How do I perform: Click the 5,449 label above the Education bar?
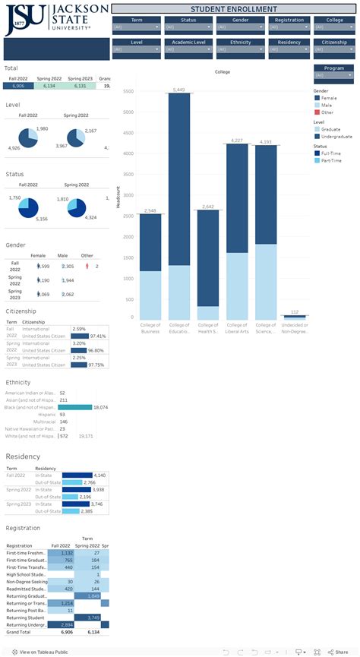pyautogui.click(x=178, y=90)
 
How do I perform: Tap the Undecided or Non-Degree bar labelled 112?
pyautogui.click(x=295, y=314)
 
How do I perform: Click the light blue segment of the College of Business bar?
pyautogui.click(x=150, y=294)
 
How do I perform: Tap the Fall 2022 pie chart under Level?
pyautogui.click(x=28, y=137)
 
